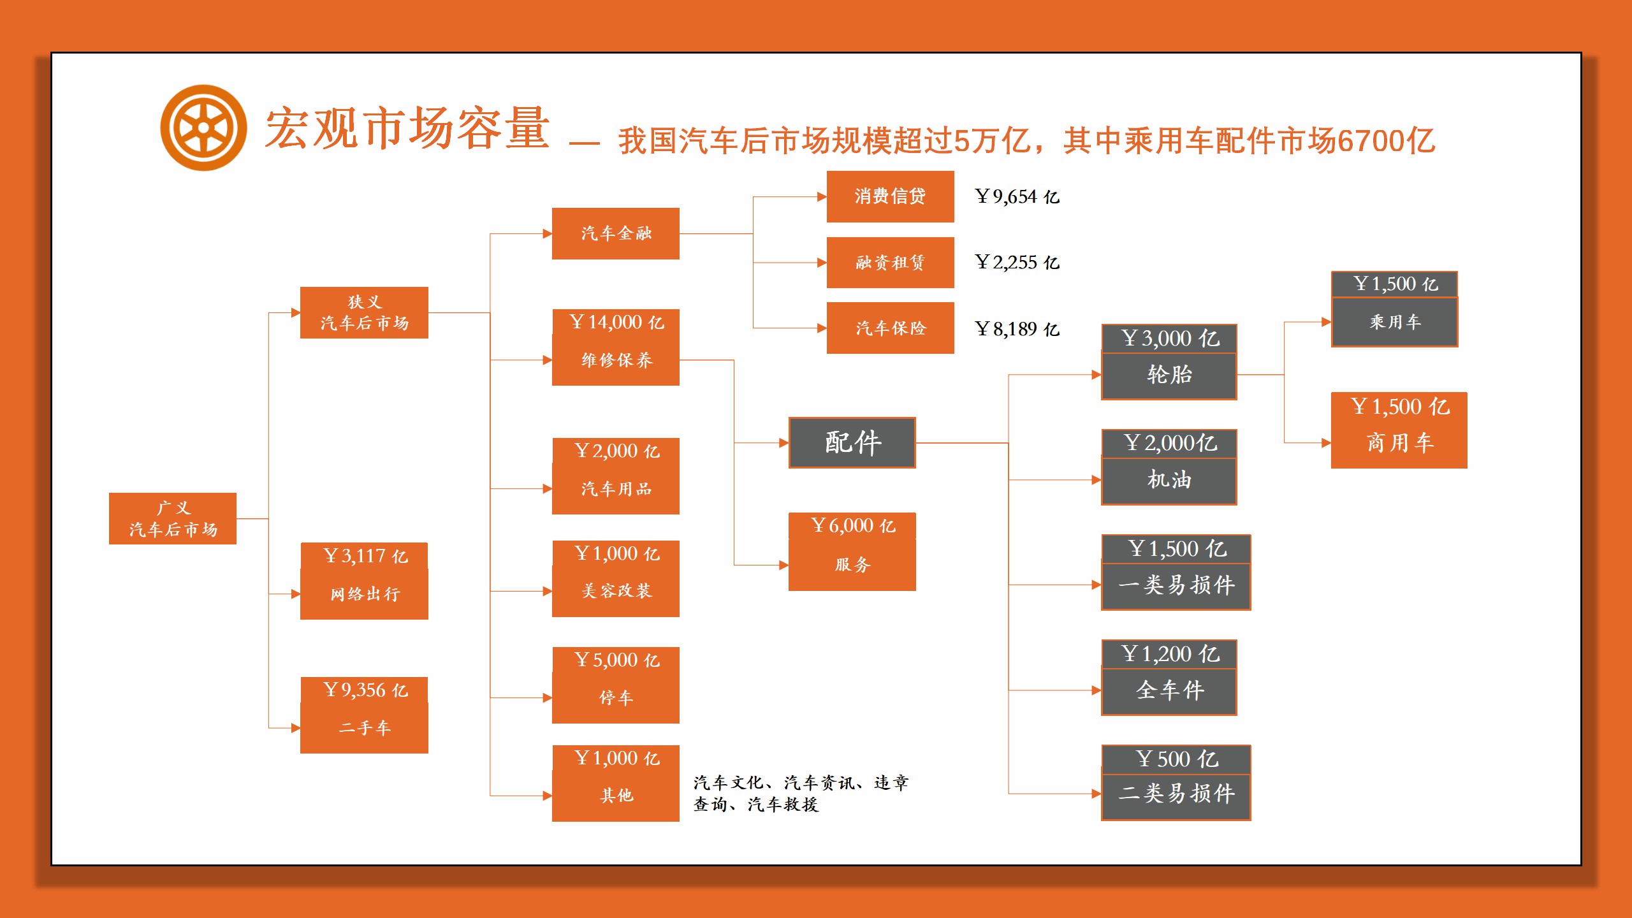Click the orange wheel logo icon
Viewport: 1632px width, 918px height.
[203, 128]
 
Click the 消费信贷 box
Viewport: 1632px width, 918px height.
[890, 196]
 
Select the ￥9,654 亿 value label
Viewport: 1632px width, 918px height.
[1017, 196]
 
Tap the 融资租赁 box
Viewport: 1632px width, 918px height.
[890, 263]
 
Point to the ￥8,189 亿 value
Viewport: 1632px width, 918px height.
[1017, 329]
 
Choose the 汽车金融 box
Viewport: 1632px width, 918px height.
[616, 233]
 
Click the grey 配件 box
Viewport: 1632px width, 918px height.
[852, 442]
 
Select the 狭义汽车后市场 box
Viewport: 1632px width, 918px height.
[364, 312]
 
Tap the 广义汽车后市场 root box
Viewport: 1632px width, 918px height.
[173, 518]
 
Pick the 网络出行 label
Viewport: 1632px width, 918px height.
[365, 594]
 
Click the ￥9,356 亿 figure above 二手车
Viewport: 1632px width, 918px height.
[365, 690]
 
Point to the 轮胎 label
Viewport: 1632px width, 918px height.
[1169, 374]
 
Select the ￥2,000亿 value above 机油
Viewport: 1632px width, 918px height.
[1170, 442]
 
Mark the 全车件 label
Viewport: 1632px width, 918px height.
[1170, 690]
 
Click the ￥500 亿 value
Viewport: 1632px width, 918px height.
[1177, 759]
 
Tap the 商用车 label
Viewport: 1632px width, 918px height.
[1400, 442]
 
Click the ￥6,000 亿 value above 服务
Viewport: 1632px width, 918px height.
[853, 525]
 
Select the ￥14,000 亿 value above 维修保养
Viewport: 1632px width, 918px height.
[616, 322]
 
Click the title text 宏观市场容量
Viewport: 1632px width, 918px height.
[407, 128]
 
